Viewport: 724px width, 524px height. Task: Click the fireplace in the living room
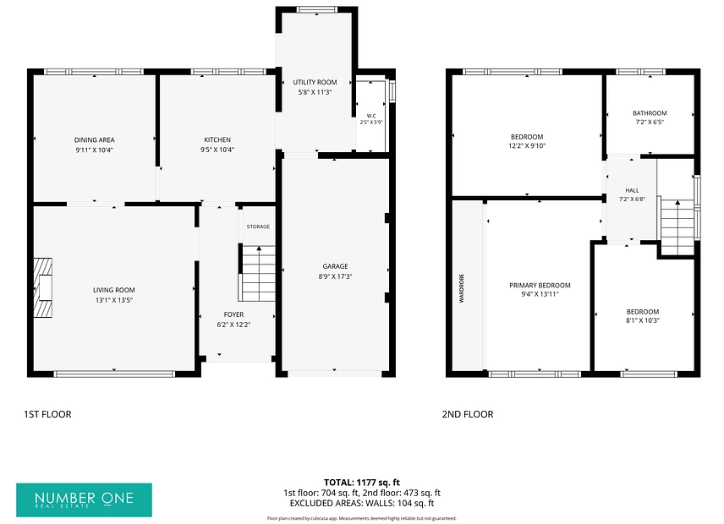43,288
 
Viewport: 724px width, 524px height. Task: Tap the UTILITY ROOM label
315,82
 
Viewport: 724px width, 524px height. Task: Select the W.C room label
371,116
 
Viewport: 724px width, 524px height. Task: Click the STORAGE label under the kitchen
258,227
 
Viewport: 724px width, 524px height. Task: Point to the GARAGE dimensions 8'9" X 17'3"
335,276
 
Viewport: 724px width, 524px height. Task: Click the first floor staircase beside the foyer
258,274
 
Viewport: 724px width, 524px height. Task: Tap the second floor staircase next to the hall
677,227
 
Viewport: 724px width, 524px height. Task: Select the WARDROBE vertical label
461,288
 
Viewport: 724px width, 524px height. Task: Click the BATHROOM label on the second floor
650,113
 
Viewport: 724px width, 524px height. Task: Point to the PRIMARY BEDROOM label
540,286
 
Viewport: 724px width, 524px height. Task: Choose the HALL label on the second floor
632,190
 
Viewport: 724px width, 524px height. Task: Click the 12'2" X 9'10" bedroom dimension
527,145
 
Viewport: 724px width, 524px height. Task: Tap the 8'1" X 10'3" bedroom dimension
643,320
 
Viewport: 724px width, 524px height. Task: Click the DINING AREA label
94,139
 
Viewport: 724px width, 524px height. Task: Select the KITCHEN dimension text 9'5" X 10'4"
217,150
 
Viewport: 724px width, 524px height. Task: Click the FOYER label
233,314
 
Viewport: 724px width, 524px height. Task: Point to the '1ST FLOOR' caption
47,414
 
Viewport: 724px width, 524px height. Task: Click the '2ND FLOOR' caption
468,414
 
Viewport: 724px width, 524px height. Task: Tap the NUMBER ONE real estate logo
84,500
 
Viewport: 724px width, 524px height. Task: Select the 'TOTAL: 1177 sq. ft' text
362,483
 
